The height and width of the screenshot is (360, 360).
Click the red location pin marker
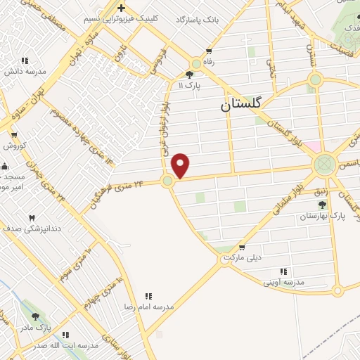(x=181, y=165)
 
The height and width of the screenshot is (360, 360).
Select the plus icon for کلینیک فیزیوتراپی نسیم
(x=121, y=8)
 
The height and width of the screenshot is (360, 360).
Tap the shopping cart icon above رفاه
(x=208, y=51)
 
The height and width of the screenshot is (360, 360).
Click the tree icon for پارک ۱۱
(x=189, y=75)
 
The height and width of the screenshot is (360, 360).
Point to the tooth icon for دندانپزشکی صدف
(x=32, y=218)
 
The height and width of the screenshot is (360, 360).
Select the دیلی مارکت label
(x=242, y=258)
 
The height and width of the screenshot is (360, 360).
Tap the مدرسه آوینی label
(x=283, y=282)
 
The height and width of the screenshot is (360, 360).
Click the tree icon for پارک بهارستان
(x=322, y=205)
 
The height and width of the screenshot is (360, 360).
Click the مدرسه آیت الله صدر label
(x=66, y=345)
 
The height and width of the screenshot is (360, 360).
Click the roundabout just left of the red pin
(x=167, y=181)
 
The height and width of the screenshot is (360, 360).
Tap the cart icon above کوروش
(x=14, y=135)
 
